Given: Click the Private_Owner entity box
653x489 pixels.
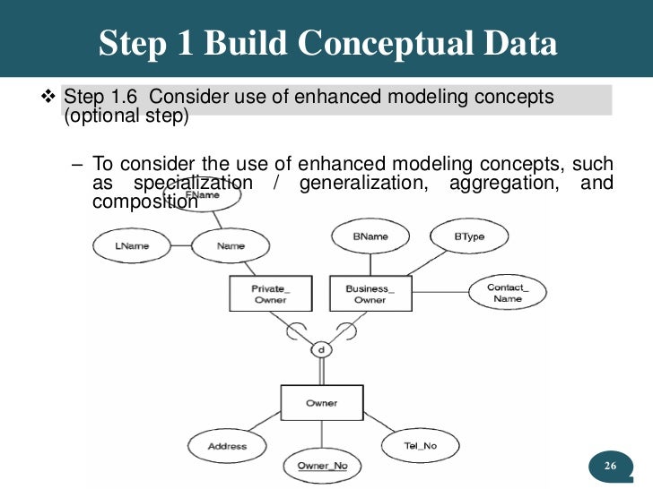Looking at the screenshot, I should tap(270, 294).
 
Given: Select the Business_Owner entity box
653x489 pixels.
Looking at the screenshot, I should tap(370, 294).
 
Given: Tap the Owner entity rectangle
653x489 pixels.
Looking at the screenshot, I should tap(321, 404).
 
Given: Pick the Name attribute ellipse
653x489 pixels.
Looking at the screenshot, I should tap(231, 245).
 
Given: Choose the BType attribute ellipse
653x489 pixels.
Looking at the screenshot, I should tap(468, 236).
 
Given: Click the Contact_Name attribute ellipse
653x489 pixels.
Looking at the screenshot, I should tap(507, 293).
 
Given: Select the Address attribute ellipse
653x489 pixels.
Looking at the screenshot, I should tap(227, 446).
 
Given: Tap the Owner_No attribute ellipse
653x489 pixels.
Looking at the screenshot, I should tap(322, 466).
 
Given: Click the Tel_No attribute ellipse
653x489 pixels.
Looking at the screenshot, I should tap(420, 445).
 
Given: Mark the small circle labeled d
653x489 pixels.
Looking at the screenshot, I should tap(320, 348).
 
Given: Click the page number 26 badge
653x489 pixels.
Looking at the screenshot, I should tap(610, 466).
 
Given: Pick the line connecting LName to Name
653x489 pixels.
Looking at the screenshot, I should tap(176, 245).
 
